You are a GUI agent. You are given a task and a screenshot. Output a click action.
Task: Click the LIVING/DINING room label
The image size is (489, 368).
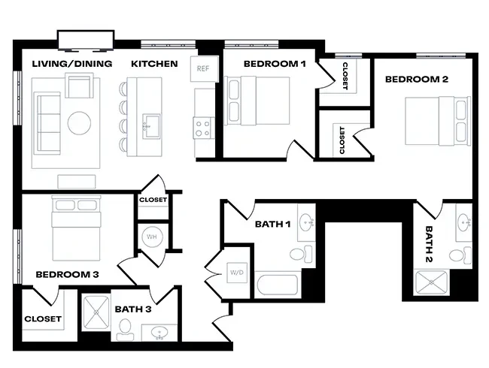point(72,64)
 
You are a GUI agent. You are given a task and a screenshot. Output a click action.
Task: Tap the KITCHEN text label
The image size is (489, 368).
point(154,64)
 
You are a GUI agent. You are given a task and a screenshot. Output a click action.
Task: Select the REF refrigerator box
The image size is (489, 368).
point(202,68)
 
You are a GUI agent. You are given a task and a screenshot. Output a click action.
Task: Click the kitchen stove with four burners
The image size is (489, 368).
point(203,128)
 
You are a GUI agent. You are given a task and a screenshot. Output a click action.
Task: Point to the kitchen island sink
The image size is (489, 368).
point(151,123)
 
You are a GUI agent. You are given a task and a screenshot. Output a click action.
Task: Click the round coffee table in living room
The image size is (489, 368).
point(80,122)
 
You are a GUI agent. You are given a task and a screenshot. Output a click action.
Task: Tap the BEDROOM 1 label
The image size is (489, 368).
point(274,64)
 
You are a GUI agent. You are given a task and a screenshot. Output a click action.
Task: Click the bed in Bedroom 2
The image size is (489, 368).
point(433,121)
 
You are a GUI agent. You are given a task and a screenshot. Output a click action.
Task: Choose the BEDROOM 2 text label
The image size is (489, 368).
point(417,79)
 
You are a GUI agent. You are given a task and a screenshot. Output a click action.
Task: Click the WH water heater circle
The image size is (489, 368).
point(153,237)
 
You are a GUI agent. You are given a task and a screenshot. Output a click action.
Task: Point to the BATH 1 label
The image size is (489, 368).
point(273,224)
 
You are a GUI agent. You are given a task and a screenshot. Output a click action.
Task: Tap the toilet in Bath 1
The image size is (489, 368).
point(303,253)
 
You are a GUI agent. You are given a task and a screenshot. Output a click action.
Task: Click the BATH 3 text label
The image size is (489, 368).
point(134,309)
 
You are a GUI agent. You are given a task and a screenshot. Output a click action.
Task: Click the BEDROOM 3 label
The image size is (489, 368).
point(67,274)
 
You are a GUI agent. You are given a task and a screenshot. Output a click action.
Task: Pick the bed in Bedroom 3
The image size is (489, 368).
point(75,225)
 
